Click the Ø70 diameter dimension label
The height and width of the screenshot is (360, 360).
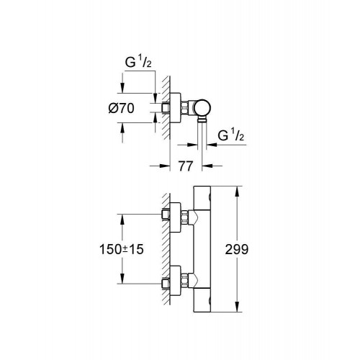click(121, 108)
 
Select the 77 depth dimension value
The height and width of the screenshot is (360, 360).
click(186, 166)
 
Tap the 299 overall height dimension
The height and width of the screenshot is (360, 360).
click(237, 249)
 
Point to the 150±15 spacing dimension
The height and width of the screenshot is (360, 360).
click(122, 249)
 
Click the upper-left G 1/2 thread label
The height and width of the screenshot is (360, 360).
click(138, 62)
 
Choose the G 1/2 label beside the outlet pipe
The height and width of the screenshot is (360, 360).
click(231, 135)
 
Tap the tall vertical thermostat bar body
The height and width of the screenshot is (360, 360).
click(202, 249)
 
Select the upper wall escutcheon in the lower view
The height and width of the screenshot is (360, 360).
click(175, 217)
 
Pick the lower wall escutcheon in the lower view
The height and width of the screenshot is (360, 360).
click(175, 281)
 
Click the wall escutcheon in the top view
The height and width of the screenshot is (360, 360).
click(176, 108)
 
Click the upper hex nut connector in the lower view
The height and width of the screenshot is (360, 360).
click(184, 217)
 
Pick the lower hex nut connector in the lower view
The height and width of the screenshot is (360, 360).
click(184, 281)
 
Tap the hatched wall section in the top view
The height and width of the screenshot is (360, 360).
click(166, 108)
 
